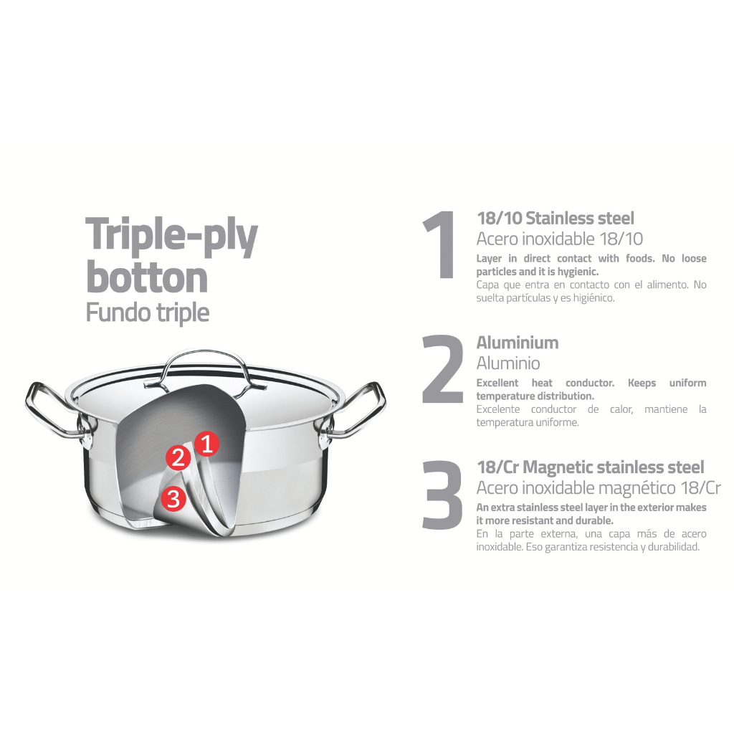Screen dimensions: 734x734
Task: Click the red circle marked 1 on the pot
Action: coord(207,443)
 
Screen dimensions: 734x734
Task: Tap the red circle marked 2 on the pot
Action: coord(178,457)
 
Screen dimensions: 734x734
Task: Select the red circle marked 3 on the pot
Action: coord(173,499)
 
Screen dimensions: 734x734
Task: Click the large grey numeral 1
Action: coord(440,244)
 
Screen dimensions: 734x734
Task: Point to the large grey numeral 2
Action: coord(442,369)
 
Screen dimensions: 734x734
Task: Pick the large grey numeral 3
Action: coord(442,495)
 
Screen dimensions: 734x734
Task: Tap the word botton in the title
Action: coord(147,277)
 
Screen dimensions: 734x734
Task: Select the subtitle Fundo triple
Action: coord(148,313)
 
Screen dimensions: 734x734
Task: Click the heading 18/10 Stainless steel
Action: coord(556,218)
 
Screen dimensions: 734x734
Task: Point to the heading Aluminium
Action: coord(518,343)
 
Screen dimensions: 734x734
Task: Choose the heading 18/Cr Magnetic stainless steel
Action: coord(591,467)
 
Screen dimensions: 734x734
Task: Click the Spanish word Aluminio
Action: coord(508,363)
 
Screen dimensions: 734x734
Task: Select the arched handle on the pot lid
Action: coord(205,369)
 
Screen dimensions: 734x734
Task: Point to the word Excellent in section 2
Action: coord(497,383)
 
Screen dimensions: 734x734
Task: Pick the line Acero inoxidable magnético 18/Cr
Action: coord(599,487)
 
